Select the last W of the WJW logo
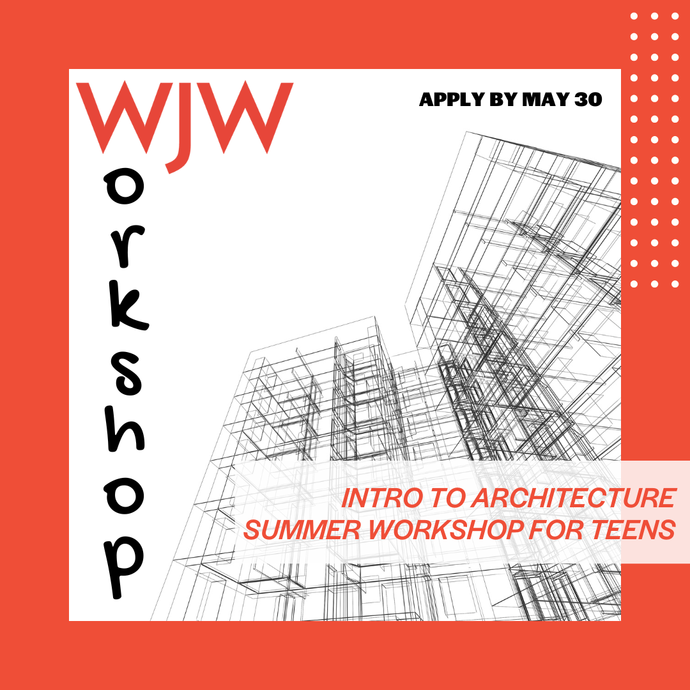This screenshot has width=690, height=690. pos(245,117)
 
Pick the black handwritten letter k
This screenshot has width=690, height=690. pos(128,307)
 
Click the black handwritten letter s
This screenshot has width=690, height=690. pos(128,372)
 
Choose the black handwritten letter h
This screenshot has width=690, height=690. pos(126,429)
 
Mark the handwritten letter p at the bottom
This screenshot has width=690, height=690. pos(124,568)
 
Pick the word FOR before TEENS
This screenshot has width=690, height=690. pos(556,530)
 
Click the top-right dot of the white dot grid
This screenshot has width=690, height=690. pos(675,16)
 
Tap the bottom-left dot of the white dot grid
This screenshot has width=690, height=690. pos(634,284)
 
